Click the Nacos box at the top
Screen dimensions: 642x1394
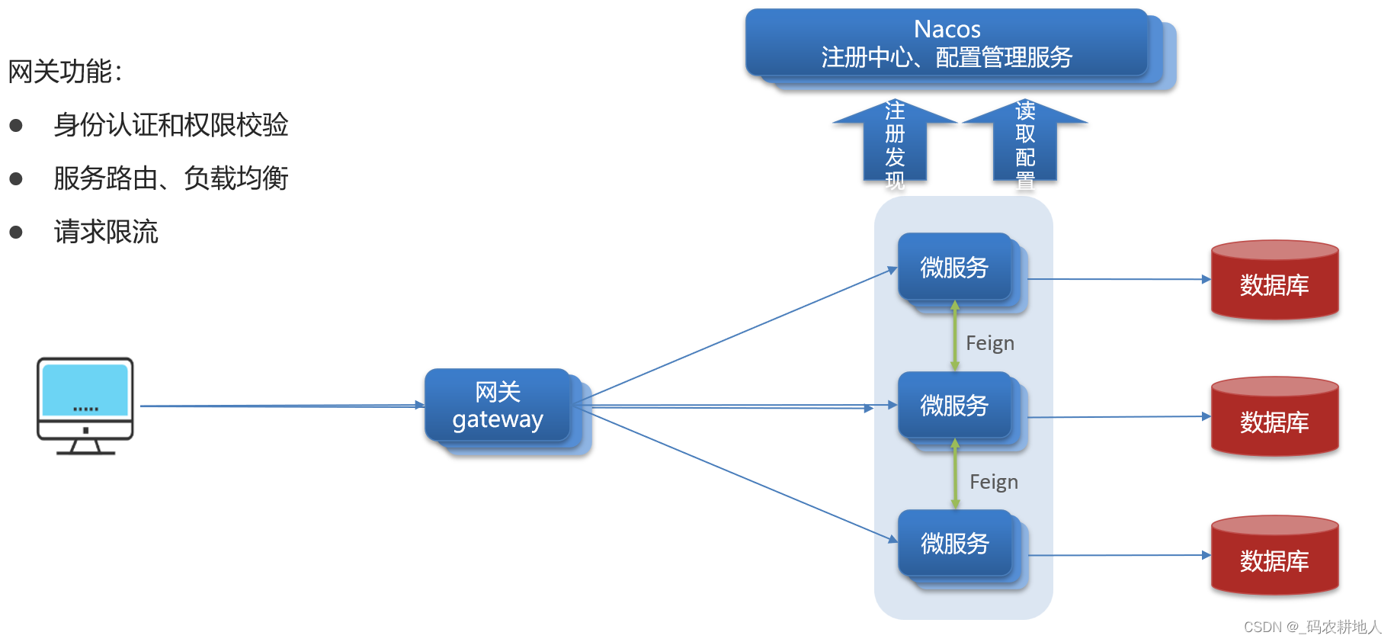pos(947,43)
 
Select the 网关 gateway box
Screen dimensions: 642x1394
pos(498,406)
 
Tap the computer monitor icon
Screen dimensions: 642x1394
pos(85,405)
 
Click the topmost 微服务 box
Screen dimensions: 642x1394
pos(954,268)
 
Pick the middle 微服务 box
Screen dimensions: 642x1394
pos(954,406)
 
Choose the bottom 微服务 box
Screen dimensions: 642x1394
pos(954,544)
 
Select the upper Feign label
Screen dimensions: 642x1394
pos(990,343)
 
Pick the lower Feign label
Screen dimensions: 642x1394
pos(994,482)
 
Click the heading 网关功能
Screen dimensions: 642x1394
pos(65,72)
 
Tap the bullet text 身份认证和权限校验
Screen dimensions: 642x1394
pos(171,125)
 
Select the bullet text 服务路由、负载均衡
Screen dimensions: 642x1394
pos(171,178)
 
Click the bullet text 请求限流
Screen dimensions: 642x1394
pos(106,232)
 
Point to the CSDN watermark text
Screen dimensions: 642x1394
pos(1312,627)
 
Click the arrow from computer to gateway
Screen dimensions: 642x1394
pos(282,406)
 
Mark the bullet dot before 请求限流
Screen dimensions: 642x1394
pos(16,232)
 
